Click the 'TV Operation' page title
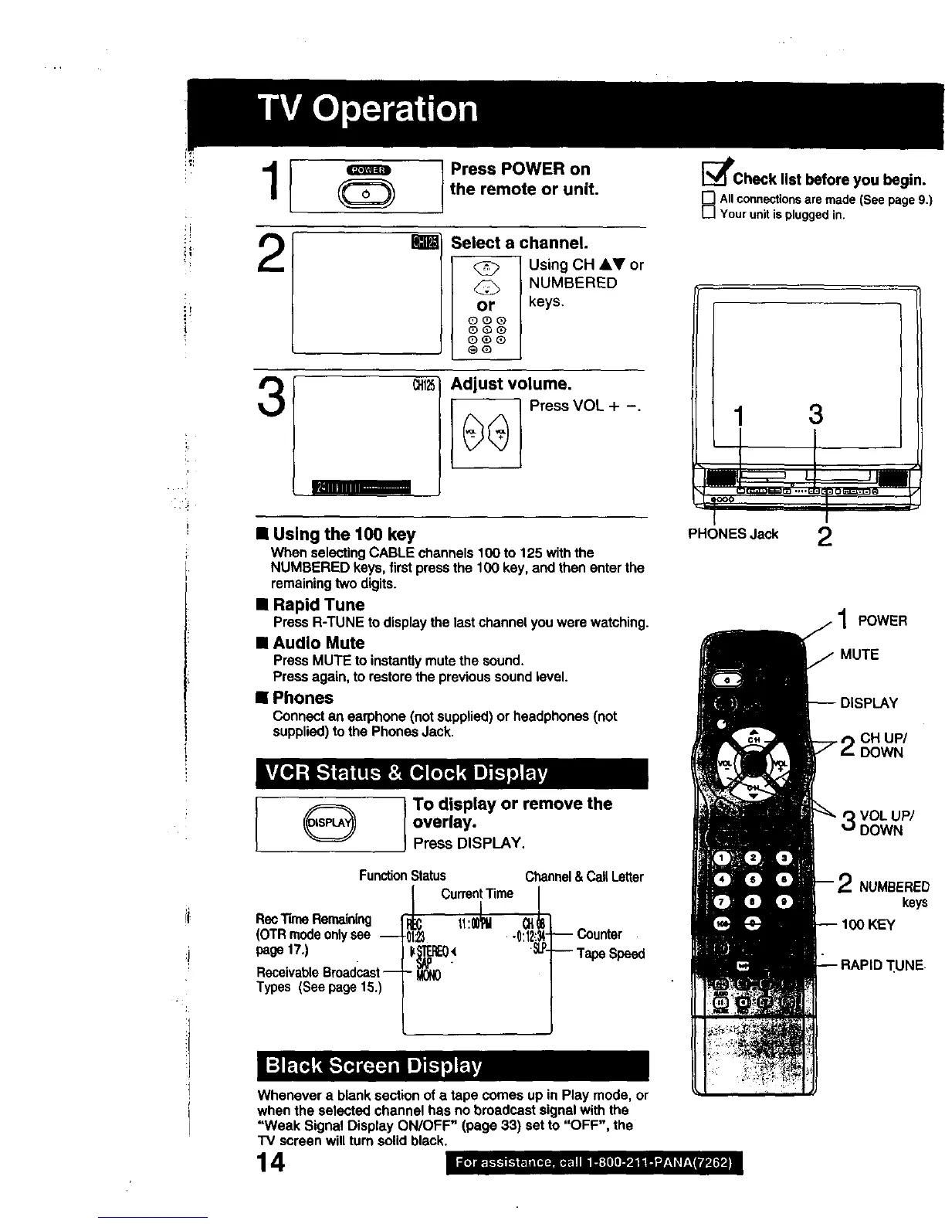click(368, 109)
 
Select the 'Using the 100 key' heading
click(344, 534)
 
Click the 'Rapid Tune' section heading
click(318, 605)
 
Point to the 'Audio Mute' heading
click(318, 643)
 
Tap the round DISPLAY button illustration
click(330, 822)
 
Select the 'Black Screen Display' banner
click(374, 1066)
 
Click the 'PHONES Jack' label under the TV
click(733, 534)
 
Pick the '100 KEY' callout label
click(867, 925)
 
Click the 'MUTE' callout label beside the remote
click(859, 654)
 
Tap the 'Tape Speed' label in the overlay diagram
click(611, 954)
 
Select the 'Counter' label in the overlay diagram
click(599, 934)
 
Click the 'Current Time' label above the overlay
click(477, 894)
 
